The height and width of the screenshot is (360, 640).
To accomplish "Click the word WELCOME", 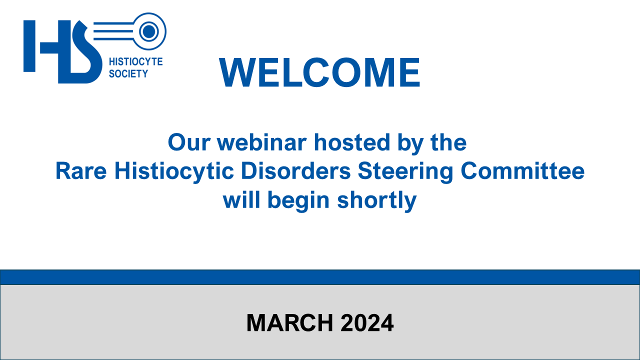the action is (319, 72).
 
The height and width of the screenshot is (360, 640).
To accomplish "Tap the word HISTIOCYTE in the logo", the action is (135, 61).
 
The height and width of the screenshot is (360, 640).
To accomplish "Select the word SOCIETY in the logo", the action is (128, 73).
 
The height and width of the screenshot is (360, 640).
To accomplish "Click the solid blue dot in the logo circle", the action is (149, 31).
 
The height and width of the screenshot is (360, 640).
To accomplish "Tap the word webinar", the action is (261, 142).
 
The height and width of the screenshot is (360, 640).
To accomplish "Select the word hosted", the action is (352, 142).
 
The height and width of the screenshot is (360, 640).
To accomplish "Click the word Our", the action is (189, 142).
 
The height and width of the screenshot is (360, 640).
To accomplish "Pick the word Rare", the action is (81, 171).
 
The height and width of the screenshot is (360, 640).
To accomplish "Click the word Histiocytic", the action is (174, 171).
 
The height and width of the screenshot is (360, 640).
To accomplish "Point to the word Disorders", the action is (295, 171).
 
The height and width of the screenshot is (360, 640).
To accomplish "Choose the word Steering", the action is (405, 171).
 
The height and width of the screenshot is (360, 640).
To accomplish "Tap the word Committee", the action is (522, 171).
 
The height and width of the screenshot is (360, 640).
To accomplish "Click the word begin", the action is (298, 200).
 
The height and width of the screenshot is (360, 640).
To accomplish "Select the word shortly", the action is (377, 200).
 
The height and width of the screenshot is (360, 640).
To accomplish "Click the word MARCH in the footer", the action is (289, 323).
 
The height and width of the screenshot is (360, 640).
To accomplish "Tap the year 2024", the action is (367, 323).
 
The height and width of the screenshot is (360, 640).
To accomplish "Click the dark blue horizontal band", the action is (320, 277).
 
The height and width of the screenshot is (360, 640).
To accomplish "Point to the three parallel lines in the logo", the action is (114, 31).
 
